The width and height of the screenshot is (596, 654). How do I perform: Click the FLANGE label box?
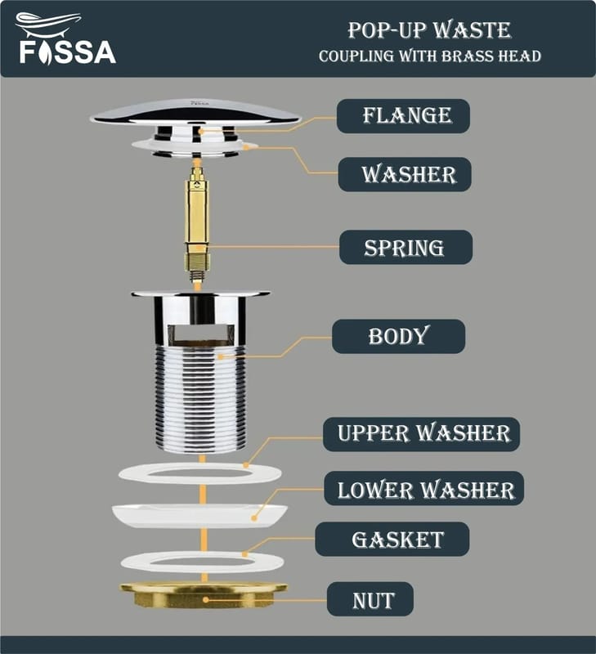403,116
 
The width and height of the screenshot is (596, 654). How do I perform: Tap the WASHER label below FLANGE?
405,174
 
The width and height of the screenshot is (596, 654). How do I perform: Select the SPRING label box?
406,248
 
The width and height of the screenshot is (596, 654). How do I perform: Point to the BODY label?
399,336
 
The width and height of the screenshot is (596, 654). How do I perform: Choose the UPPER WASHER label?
421,434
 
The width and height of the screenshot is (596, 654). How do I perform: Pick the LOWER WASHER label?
423,488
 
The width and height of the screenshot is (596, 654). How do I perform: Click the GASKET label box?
392,539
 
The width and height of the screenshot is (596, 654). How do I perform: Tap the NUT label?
370,599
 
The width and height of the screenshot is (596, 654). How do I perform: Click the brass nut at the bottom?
204,595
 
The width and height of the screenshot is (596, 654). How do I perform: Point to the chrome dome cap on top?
195,113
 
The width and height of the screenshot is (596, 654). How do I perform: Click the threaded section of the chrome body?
201,398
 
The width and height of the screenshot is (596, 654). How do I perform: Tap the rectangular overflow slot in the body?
201,333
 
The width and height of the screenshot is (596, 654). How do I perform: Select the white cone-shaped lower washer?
199,517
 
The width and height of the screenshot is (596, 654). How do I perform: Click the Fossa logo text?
68,52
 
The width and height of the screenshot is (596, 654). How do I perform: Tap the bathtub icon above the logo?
48,25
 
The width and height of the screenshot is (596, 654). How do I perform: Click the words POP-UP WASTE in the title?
429,30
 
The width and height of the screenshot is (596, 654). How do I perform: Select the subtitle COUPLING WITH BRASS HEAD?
430,56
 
